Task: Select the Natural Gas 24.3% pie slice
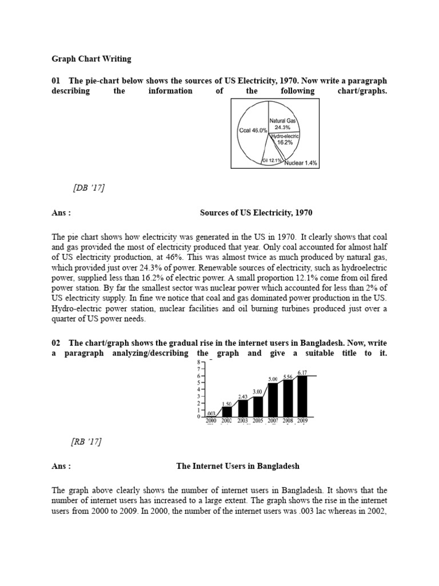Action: click(285, 124)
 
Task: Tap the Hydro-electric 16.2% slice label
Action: click(286, 139)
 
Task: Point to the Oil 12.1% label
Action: click(272, 161)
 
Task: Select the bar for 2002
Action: click(227, 411)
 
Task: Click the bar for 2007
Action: click(273, 400)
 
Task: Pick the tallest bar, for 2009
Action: click(302, 396)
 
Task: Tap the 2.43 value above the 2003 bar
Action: click(243, 396)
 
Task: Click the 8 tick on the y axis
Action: click(199, 362)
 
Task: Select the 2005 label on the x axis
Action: click(258, 421)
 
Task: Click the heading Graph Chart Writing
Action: click(91, 59)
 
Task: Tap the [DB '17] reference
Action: click(89, 188)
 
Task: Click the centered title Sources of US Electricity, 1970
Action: click(256, 213)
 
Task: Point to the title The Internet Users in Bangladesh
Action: click(238, 466)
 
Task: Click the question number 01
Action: click(56, 80)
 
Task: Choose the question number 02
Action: click(56, 343)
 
